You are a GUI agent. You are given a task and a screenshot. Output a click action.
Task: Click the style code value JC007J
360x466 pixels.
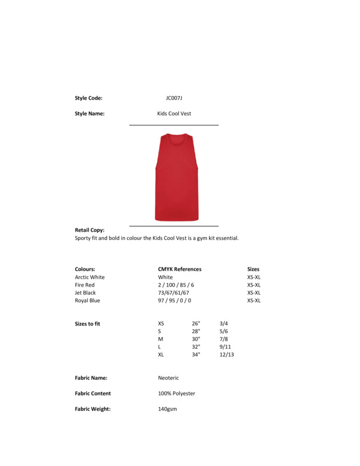(x=174, y=98)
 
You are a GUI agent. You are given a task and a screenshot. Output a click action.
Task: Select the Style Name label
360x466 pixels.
(x=90, y=114)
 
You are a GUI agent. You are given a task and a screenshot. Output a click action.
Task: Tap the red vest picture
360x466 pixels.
(x=177, y=177)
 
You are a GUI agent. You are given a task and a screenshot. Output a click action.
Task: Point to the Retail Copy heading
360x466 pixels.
(x=90, y=230)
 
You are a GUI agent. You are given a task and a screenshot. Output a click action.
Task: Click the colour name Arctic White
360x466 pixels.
(x=90, y=277)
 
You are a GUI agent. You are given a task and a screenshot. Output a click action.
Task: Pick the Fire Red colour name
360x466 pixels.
(x=84, y=285)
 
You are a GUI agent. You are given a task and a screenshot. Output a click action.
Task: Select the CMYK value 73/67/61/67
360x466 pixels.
(x=174, y=293)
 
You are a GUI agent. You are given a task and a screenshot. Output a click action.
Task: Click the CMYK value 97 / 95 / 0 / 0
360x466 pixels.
(x=174, y=301)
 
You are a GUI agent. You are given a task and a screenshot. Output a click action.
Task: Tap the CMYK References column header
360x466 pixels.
(x=179, y=269)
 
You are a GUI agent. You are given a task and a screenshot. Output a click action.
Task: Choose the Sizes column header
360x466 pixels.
(x=253, y=269)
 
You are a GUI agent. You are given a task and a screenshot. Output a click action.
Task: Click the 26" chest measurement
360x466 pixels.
(x=196, y=323)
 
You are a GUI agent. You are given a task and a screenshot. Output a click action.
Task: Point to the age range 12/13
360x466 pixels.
(x=227, y=354)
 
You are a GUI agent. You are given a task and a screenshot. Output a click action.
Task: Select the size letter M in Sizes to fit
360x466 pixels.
(x=160, y=339)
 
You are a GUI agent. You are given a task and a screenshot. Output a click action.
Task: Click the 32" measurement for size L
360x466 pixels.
(x=196, y=347)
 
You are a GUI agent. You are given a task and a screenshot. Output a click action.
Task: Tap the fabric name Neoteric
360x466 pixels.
(x=168, y=378)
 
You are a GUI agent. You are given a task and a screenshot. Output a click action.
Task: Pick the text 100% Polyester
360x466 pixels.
(x=177, y=394)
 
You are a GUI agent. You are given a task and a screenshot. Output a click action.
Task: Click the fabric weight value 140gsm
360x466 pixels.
(x=167, y=409)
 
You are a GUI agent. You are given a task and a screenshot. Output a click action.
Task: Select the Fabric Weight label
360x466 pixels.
(x=93, y=409)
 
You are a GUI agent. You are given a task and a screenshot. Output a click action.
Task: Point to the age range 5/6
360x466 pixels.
(x=224, y=331)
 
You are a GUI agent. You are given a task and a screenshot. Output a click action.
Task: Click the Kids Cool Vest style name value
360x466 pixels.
(x=174, y=114)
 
